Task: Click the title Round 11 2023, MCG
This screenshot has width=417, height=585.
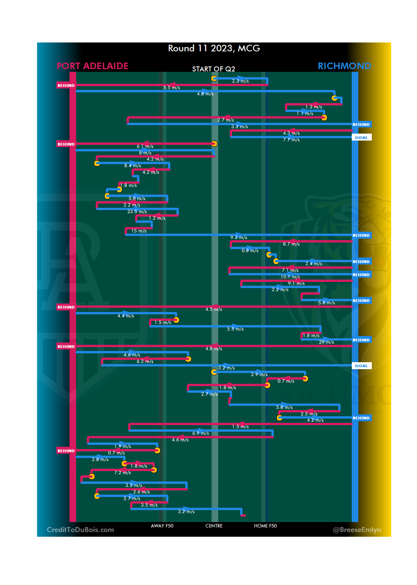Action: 214,48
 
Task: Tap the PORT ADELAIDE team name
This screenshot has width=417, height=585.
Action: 93,66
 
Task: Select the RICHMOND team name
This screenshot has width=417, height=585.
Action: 344,66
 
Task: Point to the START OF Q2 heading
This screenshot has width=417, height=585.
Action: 214,69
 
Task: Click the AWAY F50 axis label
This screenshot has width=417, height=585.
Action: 162,526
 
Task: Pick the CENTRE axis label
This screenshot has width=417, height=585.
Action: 214,526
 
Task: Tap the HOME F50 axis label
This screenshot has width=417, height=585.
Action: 265,526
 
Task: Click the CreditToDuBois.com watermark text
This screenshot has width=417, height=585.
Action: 80,530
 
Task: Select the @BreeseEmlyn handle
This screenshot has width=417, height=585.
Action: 357,530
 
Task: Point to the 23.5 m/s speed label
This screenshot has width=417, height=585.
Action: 137,212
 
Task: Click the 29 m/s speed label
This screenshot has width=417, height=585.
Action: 326,342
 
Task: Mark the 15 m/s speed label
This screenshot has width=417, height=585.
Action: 139,231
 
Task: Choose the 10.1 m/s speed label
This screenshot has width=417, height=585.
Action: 290,277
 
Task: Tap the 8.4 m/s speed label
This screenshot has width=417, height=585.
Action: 132,166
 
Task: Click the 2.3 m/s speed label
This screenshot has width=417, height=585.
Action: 240,81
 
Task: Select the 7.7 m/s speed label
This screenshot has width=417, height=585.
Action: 291,140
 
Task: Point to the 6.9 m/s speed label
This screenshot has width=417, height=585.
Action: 201,433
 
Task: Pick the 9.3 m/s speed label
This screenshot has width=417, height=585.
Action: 239,237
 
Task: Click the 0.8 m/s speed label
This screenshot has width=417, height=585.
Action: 250,251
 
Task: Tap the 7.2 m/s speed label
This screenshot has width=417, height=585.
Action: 122,473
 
